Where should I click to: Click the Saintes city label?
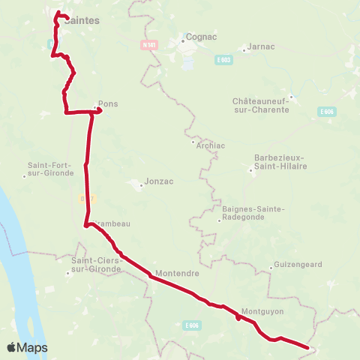(82, 21)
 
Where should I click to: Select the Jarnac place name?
(260, 46)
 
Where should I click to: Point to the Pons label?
(108, 104)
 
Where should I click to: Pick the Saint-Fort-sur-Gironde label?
(51, 169)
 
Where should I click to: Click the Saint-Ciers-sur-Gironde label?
(92, 263)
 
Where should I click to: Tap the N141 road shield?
(148, 44)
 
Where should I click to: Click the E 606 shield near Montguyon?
(192, 325)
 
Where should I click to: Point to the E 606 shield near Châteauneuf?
(325, 111)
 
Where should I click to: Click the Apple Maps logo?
(27, 348)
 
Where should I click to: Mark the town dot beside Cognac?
(181, 41)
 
